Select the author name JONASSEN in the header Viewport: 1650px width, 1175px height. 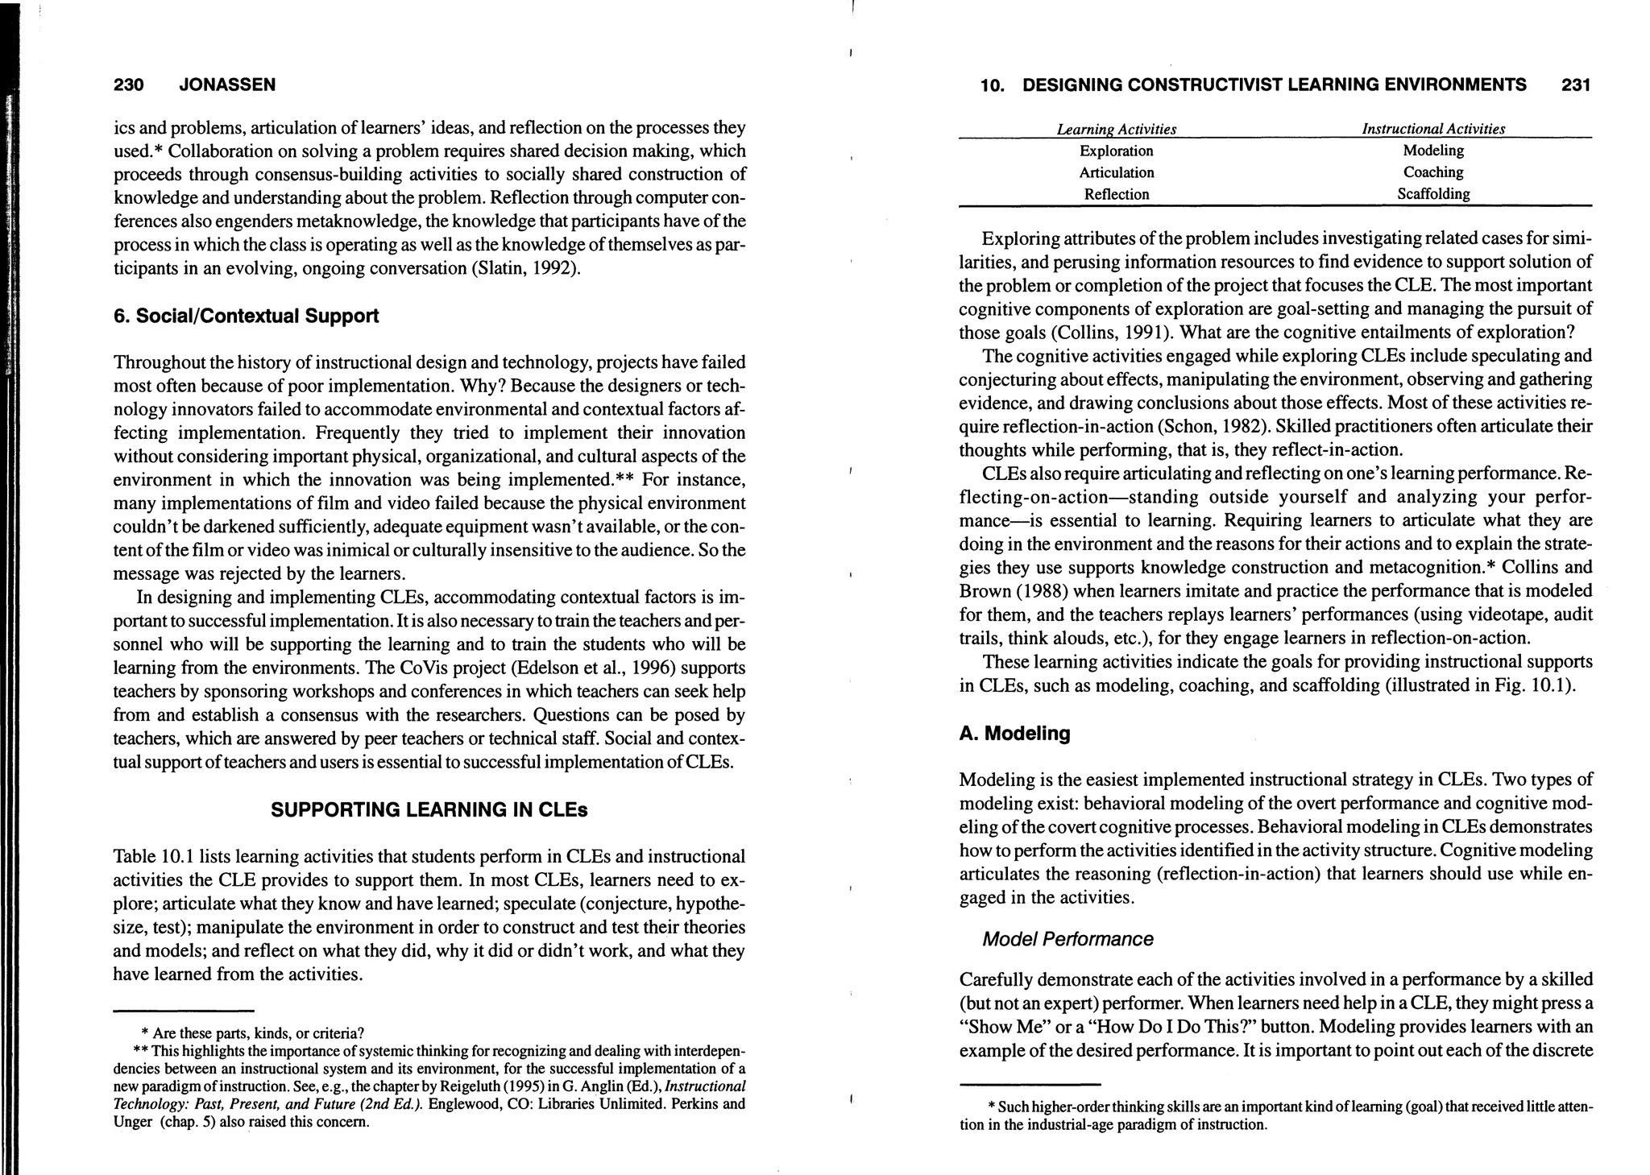(227, 85)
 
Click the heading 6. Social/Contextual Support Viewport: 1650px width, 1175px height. (246, 316)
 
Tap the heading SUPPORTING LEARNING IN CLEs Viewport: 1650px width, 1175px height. (429, 810)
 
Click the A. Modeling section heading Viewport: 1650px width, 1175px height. (1014, 734)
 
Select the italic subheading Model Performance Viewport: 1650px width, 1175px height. (1068, 939)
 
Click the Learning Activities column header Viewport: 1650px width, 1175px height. (1116, 130)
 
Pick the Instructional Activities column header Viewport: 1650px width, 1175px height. (1432, 129)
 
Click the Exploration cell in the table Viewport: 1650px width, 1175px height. (1116, 151)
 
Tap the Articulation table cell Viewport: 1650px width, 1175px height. (1116, 172)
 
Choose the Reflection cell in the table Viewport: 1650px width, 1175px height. (1116, 194)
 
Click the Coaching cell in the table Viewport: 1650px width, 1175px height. (1432, 172)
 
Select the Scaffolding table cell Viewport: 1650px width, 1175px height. (1432, 194)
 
